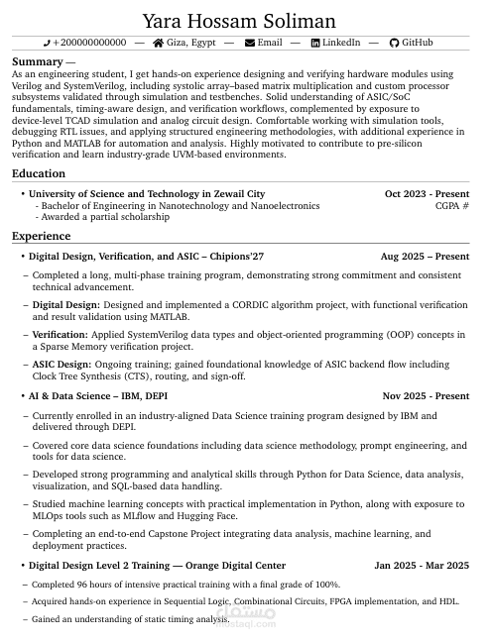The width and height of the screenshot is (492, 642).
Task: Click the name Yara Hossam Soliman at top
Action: pyautogui.click(x=239, y=21)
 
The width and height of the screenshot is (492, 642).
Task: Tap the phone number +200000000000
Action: pyautogui.click(x=89, y=44)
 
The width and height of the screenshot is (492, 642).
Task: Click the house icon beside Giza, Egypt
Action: pyautogui.click(x=159, y=44)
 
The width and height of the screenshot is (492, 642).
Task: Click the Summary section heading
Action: pyautogui.click(x=38, y=61)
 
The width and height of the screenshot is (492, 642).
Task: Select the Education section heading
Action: pyautogui.click(x=39, y=174)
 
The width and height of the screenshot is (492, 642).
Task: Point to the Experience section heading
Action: pyautogui.click(x=41, y=236)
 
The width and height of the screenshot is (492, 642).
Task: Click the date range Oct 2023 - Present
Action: pyautogui.click(x=427, y=194)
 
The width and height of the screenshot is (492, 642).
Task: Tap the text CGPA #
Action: pyautogui.click(x=451, y=206)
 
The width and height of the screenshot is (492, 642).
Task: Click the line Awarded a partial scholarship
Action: pyautogui.click(x=105, y=217)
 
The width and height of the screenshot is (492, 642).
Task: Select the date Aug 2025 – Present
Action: pyautogui.click(x=425, y=257)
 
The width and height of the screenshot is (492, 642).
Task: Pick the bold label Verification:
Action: pyautogui.click(x=61, y=336)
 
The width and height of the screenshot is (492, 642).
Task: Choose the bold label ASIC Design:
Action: pyautogui.click(x=61, y=366)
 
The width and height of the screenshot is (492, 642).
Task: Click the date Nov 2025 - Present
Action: pyautogui.click(x=426, y=396)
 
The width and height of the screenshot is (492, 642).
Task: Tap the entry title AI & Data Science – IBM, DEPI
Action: pyautogui.click(x=98, y=396)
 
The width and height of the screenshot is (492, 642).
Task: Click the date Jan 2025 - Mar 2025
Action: pyautogui.click(x=422, y=566)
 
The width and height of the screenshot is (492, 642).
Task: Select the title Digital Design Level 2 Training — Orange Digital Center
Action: pyautogui.click(x=143, y=566)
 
